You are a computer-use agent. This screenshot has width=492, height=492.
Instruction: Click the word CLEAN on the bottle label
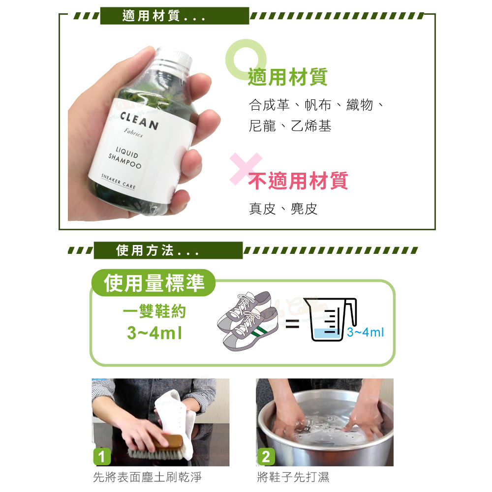(x=139, y=121)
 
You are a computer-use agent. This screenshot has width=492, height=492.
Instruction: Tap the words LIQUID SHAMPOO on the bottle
(x=125, y=157)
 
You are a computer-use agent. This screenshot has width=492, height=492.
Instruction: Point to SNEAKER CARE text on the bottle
(x=118, y=182)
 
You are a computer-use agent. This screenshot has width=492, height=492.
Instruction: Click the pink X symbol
(x=246, y=168)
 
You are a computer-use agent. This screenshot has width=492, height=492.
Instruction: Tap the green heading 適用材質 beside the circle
(x=287, y=77)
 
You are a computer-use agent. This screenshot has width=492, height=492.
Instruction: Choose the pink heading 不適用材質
(x=298, y=181)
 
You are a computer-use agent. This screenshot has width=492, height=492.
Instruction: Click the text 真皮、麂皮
(x=283, y=209)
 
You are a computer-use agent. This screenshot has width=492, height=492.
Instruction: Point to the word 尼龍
(x=262, y=126)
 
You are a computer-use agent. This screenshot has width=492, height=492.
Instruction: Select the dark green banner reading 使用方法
(x=168, y=250)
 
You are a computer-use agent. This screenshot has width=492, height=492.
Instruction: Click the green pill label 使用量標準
(x=154, y=283)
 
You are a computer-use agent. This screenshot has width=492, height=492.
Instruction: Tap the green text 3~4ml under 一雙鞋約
(x=154, y=333)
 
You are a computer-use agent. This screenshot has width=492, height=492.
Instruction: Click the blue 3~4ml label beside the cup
(x=365, y=332)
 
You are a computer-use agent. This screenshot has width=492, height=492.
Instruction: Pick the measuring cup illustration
(x=331, y=319)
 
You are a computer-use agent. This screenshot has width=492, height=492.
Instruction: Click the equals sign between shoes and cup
(x=292, y=324)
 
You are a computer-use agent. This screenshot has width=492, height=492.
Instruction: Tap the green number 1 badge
(x=102, y=457)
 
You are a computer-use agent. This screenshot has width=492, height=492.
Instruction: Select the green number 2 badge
(x=266, y=457)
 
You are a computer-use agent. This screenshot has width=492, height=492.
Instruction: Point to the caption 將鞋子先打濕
(x=293, y=477)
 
